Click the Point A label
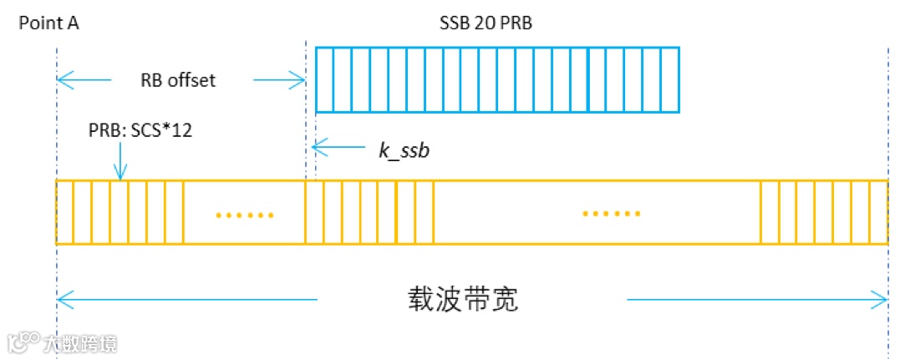click(48, 23)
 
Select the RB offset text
click(177, 80)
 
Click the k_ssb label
click(404, 150)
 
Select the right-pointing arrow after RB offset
click(280, 80)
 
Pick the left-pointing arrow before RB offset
click(84, 80)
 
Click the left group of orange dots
click(244, 215)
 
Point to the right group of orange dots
click(612, 214)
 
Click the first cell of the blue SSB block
click(324, 79)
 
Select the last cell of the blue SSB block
click(670, 79)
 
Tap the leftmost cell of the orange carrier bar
click(64, 212)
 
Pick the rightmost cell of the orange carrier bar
click(878, 212)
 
